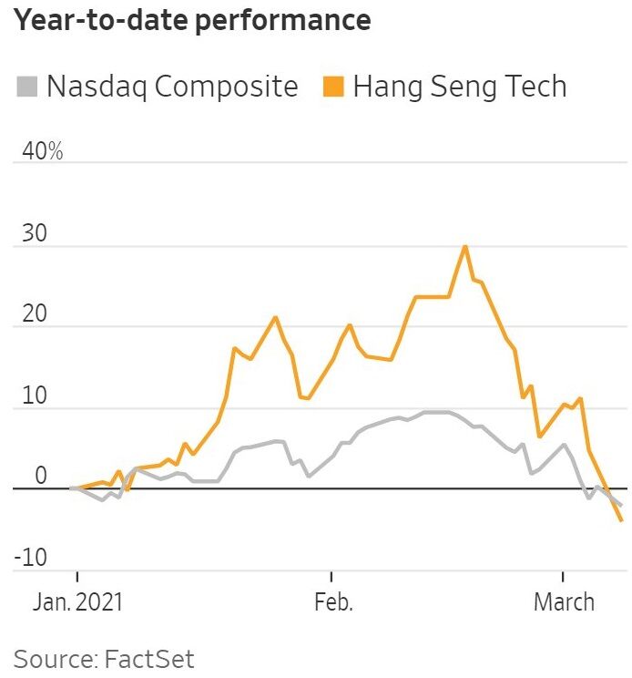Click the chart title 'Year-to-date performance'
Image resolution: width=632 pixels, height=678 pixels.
click(192, 20)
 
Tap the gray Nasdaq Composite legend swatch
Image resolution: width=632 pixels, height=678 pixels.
click(27, 87)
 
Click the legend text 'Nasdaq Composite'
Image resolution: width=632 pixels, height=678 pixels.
click(172, 87)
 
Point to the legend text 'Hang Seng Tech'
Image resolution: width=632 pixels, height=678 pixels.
click(460, 87)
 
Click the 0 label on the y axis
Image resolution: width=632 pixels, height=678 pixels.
click(39, 476)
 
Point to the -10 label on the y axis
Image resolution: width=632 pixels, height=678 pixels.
click(30, 557)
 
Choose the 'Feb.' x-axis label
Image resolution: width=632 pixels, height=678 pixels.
click(331, 602)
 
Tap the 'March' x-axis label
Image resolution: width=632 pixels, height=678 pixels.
click(564, 602)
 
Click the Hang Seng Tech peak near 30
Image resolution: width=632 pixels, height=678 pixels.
click(464, 246)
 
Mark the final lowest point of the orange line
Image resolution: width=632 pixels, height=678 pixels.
click(621, 520)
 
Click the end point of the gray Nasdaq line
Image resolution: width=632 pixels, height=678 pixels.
click(621, 505)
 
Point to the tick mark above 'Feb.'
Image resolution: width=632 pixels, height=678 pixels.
click(331, 577)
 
